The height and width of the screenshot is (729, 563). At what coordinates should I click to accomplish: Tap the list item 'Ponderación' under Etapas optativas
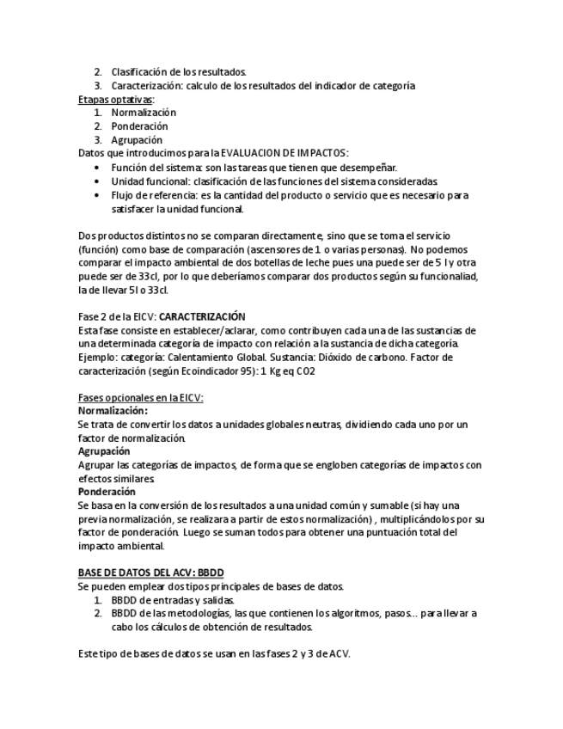139,126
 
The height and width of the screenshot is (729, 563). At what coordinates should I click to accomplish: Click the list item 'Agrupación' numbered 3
137,139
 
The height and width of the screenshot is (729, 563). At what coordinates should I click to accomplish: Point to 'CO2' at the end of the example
307,370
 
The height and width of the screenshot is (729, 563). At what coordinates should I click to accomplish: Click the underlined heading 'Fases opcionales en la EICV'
140,397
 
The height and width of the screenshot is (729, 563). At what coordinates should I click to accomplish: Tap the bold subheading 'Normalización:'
113,411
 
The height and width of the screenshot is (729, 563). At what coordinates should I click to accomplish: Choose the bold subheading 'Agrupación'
104,450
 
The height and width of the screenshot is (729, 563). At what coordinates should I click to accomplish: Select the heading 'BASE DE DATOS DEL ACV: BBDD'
150,573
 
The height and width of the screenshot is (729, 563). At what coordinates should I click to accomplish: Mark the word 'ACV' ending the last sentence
339,653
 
